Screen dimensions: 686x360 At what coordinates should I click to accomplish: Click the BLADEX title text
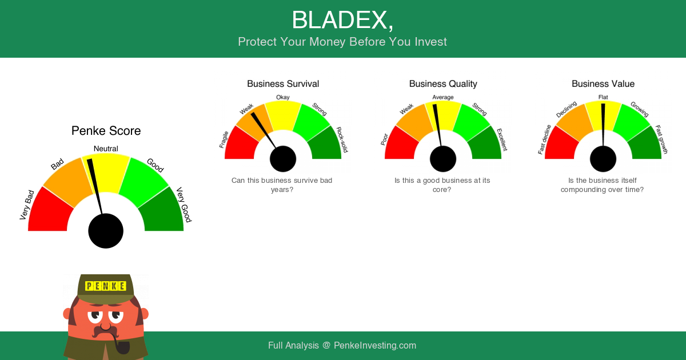(x=342, y=20)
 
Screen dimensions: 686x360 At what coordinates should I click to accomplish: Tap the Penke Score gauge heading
(x=106, y=131)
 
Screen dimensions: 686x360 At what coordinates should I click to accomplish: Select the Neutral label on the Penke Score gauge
(x=106, y=149)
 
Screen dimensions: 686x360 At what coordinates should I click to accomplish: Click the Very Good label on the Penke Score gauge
(x=184, y=205)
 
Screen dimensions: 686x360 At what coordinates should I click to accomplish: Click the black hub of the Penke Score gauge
(x=106, y=231)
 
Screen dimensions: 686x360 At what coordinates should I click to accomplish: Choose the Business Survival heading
(x=283, y=83)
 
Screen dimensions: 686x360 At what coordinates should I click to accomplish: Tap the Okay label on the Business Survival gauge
(x=282, y=97)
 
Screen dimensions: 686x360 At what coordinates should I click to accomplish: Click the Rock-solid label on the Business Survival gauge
(x=342, y=139)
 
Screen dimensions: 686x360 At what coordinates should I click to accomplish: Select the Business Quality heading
(x=443, y=83)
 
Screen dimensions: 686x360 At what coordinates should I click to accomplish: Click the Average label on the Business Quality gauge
(x=443, y=97)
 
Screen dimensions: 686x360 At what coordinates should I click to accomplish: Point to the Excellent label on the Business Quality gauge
(x=502, y=139)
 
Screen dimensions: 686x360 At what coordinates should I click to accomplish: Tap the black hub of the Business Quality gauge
(x=443, y=159)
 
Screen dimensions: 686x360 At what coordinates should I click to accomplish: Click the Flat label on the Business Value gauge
(x=603, y=97)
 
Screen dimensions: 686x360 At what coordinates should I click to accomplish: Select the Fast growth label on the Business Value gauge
(x=661, y=139)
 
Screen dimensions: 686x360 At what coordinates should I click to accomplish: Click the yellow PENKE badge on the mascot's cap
(x=106, y=286)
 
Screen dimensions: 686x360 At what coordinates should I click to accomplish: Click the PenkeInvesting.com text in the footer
(x=375, y=345)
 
